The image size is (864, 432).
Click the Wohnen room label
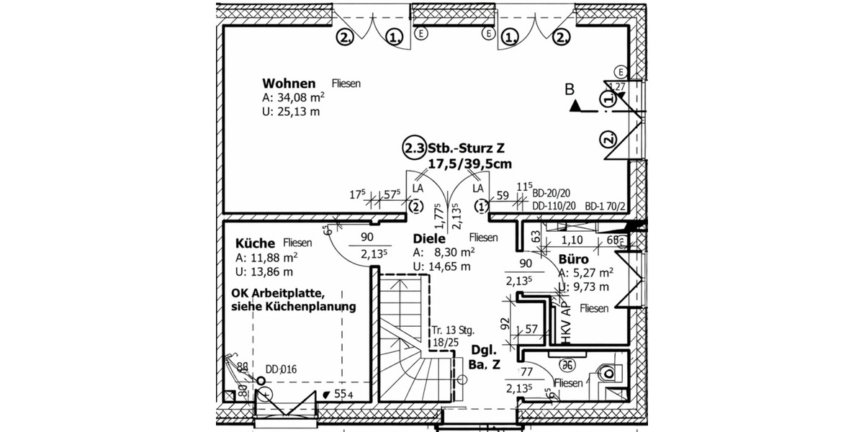pyautogui.click(x=289, y=83)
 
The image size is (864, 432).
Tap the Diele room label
pyautogui.click(x=430, y=238)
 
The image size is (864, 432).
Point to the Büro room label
pyautogui.click(x=574, y=258)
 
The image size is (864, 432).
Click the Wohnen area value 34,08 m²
pyautogui.click(x=293, y=98)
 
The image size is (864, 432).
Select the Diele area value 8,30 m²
pyautogui.click(x=444, y=253)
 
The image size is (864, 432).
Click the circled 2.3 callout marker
pyautogui.click(x=413, y=148)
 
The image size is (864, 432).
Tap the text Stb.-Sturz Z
pyautogui.click(x=467, y=149)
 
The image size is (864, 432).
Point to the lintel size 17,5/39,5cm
pyautogui.click(x=469, y=164)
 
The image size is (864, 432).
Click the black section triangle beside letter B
pyautogui.click(x=575, y=107)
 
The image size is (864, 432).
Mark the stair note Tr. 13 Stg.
pyautogui.click(x=453, y=330)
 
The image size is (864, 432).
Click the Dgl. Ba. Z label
pyautogui.click(x=485, y=358)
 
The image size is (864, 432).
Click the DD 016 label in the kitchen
pyautogui.click(x=281, y=370)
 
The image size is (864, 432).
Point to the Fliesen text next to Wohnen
pyautogui.click(x=346, y=84)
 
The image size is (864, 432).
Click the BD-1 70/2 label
pyautogui.click(x=606, y=206)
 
